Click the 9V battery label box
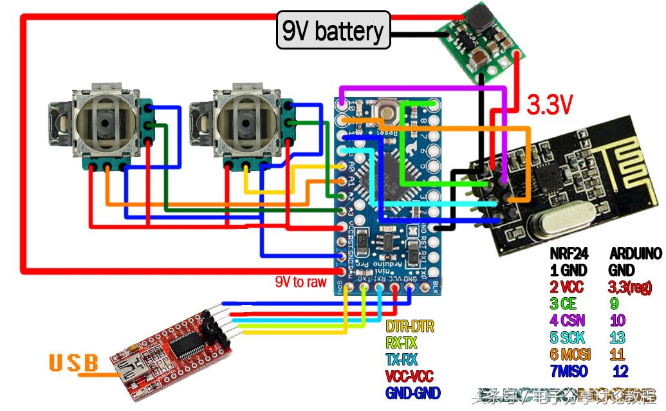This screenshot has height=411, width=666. [333, 30]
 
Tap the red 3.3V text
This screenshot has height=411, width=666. [550, 104]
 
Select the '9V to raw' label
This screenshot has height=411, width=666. [301, 282]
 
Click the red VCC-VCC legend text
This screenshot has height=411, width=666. [409, 376]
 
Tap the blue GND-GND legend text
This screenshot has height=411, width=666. [412, 392]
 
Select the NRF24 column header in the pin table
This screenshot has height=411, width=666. [569, 254]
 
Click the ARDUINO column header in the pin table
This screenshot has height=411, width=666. [634, 254]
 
